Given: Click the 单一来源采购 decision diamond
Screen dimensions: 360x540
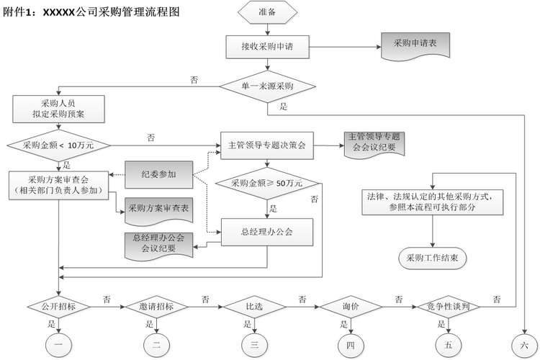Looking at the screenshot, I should pos(268,86).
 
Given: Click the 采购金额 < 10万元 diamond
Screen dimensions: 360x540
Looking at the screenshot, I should pos(59,145).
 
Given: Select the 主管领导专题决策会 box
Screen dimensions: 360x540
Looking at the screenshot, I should pos(267,145).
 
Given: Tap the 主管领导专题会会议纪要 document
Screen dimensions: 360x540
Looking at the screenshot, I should pos(372,143).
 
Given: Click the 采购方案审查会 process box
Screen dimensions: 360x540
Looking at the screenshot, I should pos(59,184).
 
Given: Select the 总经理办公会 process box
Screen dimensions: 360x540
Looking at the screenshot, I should pos(267,231).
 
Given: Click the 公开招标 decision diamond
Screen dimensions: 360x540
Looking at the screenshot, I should pos(59,306).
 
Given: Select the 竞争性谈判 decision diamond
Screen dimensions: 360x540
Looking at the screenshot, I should pos(448,306).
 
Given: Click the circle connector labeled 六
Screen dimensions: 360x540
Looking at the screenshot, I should pos(523,344).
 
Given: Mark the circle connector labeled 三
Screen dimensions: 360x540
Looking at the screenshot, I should pos(254,345).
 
